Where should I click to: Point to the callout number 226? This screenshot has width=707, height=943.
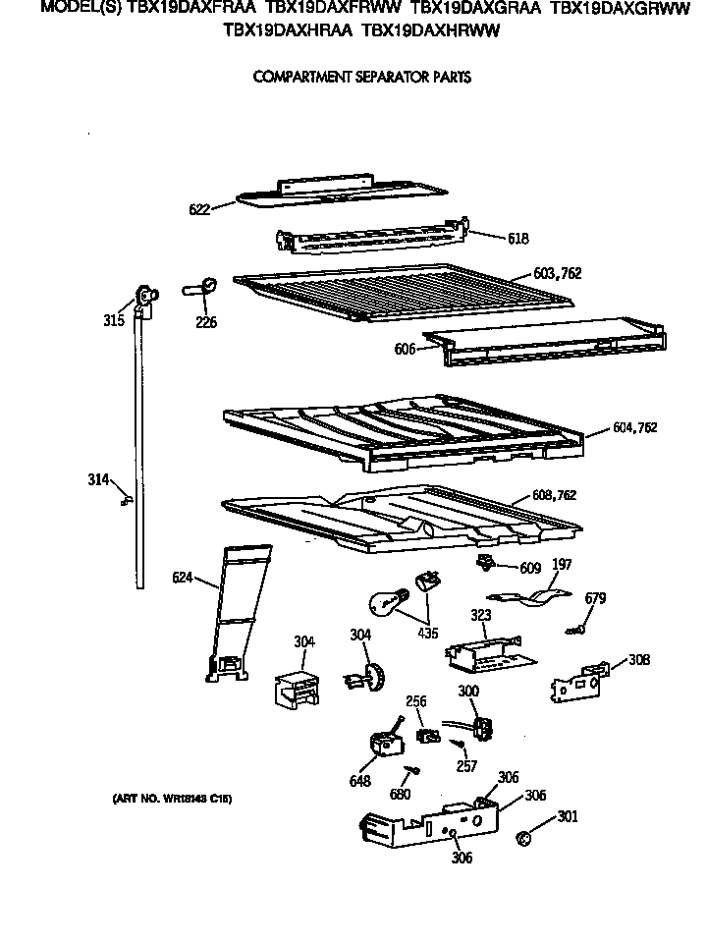coord(205,322)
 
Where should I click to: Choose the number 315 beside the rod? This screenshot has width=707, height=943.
coord(114,320)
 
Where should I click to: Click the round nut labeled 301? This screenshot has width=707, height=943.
coord(524,838)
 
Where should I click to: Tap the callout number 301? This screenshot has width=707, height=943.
coord(568,814)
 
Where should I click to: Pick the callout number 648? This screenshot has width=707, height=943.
coord(359,782)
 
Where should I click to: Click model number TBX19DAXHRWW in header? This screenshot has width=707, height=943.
coord(431,31)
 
